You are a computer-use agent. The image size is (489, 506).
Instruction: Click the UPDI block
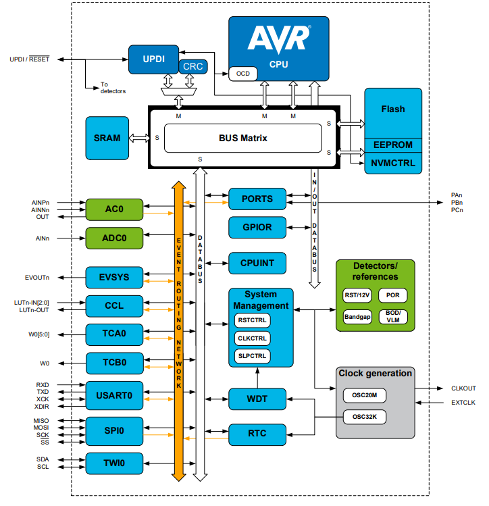153,59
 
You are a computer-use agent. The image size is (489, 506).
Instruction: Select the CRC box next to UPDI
192,66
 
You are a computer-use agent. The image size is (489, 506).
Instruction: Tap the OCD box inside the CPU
243,73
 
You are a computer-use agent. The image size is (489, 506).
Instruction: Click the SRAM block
107,138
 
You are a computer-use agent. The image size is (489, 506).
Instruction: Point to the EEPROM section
393,145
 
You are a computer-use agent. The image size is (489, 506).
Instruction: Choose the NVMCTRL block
393,163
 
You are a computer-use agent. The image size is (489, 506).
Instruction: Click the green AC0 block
114,209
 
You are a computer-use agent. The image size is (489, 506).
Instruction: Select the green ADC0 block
114,238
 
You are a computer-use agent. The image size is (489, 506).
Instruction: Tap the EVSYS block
114,277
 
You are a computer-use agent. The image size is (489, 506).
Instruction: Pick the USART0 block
114,395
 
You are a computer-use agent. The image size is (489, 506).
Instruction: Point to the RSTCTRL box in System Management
252,321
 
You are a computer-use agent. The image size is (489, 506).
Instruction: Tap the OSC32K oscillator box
364,417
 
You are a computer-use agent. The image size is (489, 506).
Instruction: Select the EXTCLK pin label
463,403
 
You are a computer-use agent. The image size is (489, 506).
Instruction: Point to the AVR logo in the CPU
279,39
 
